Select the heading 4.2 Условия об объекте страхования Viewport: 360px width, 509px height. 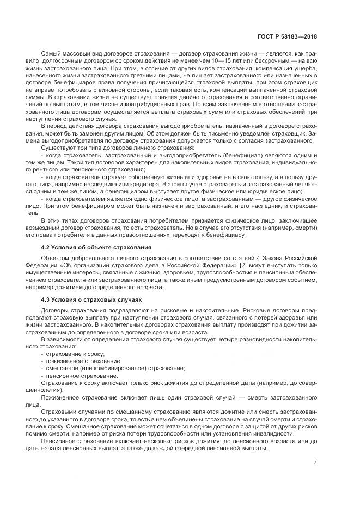tap(97, 247)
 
